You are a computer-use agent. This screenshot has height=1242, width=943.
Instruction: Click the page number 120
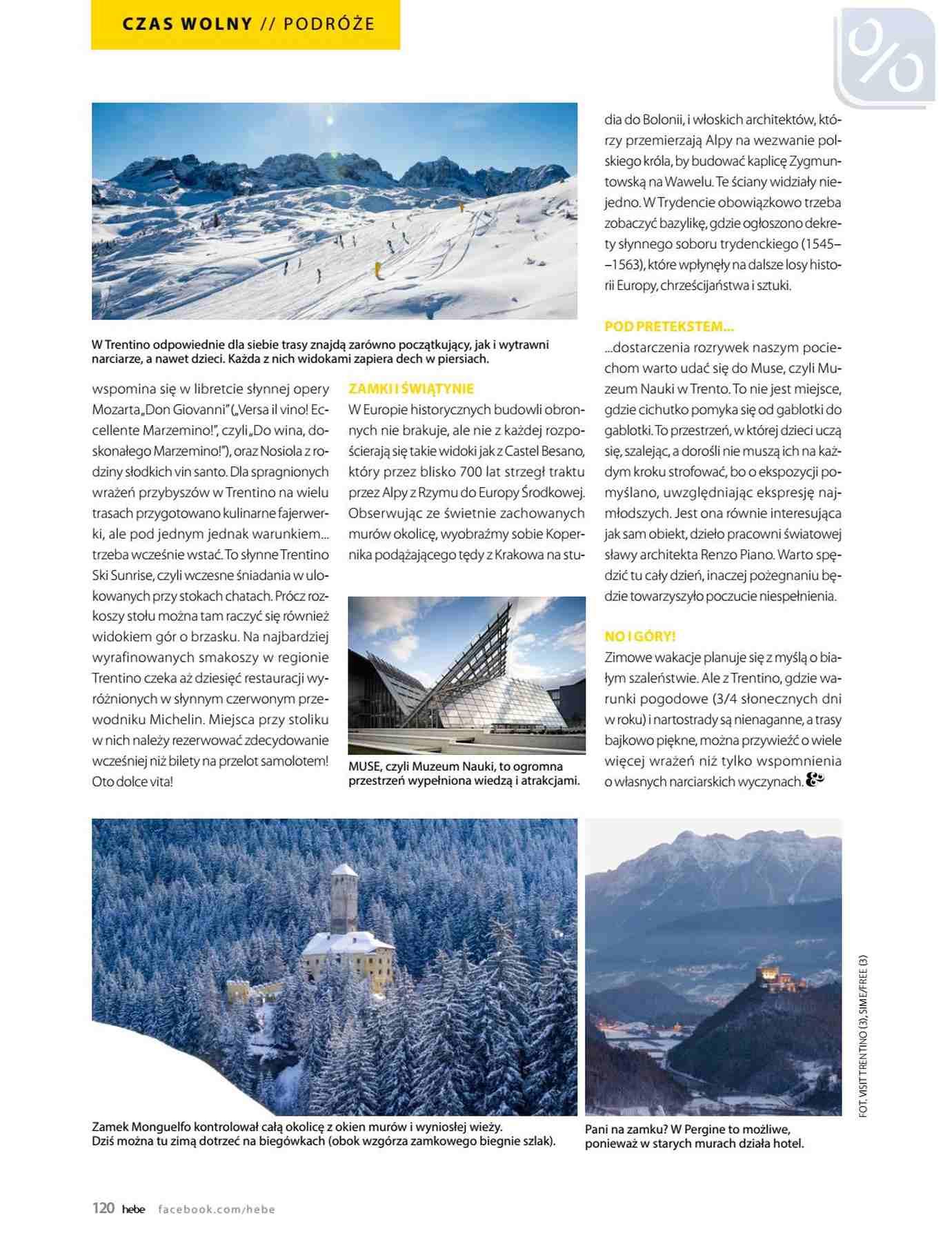point(103,1207)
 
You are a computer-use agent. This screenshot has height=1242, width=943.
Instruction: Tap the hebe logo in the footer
point(133,1209)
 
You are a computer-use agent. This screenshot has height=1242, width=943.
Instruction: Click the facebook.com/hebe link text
point(217,1209)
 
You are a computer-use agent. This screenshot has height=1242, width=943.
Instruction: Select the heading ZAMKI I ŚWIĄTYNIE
point(411,388)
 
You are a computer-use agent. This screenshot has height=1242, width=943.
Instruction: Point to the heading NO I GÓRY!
point(639,636)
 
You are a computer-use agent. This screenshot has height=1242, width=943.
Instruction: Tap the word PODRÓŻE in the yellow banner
point(328,24)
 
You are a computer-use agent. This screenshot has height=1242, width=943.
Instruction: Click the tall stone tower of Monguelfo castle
point(344,897)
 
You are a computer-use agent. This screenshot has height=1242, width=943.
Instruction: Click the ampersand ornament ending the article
point(815,780)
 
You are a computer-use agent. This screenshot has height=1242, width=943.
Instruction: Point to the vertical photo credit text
point(863,1035)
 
